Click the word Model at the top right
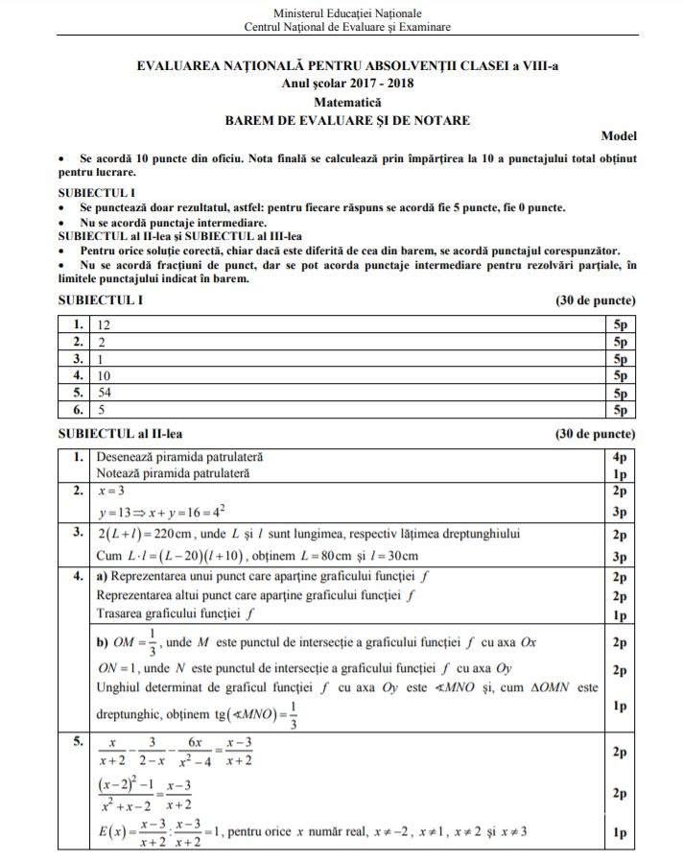click(619, 137)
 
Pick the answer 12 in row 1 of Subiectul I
click(105, 323)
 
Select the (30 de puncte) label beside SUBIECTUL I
click(596, 300)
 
